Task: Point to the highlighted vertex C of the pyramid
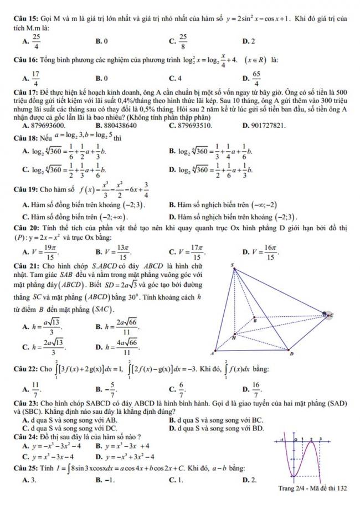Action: [x=328, y=315]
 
